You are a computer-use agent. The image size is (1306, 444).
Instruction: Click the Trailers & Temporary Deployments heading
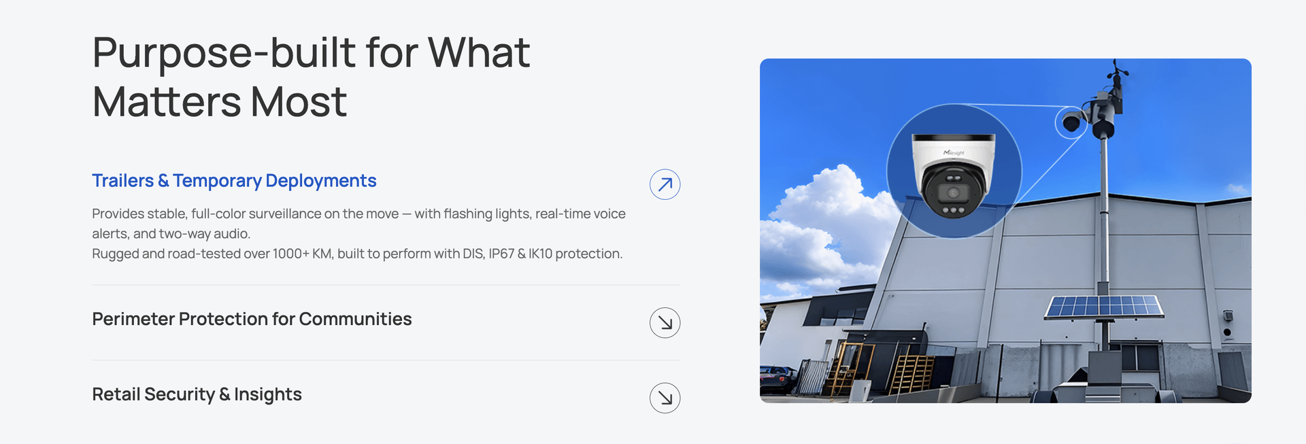pos(234,181)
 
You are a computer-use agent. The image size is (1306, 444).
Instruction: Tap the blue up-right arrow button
pos(665,184)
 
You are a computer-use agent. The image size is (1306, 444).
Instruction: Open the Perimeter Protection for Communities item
pos(252,319)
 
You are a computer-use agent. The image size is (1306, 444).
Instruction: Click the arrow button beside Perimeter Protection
pos(665,323)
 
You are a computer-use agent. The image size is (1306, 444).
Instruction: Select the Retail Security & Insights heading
pos(197,394)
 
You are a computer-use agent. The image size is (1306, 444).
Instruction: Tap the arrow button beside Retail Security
pos(665,398)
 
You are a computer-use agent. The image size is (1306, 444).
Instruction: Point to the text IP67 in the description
pos(501,254)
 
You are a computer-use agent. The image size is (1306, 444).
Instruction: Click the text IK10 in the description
pos(540,254)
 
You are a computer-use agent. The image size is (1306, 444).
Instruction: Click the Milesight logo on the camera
pos(954,153)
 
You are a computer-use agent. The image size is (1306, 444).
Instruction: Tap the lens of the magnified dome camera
pos(954,193)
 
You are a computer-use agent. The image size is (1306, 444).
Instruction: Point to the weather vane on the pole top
pos(1116,70)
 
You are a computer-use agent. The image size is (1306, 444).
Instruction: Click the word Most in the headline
pos(299,103)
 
